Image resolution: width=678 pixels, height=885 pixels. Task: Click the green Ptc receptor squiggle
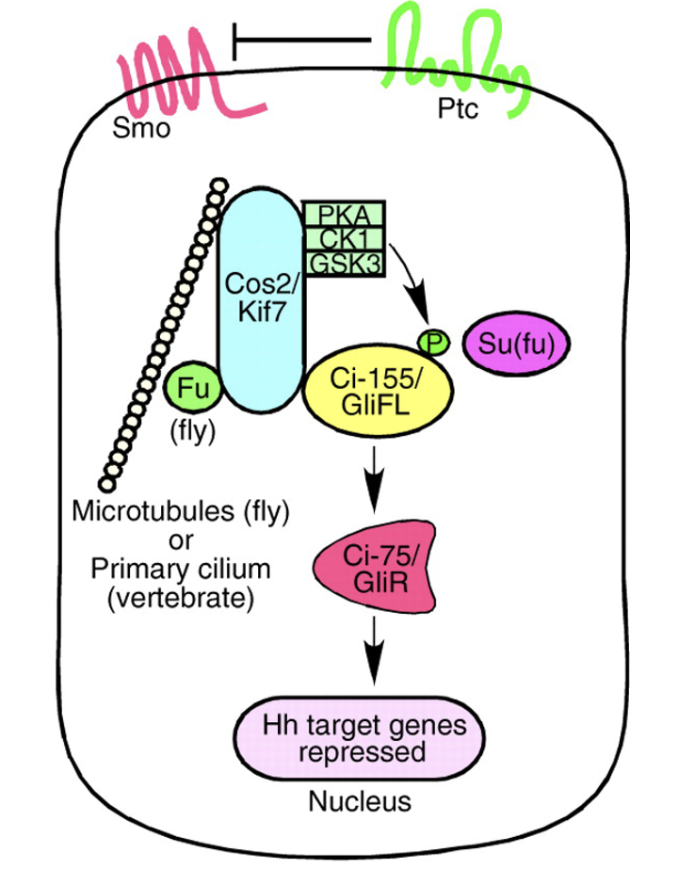click(x=452, y=56)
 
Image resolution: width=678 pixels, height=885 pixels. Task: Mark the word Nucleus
click(x=361, y=803)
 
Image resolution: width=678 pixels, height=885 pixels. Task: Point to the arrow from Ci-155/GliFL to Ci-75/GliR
click(x=376, y=480)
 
